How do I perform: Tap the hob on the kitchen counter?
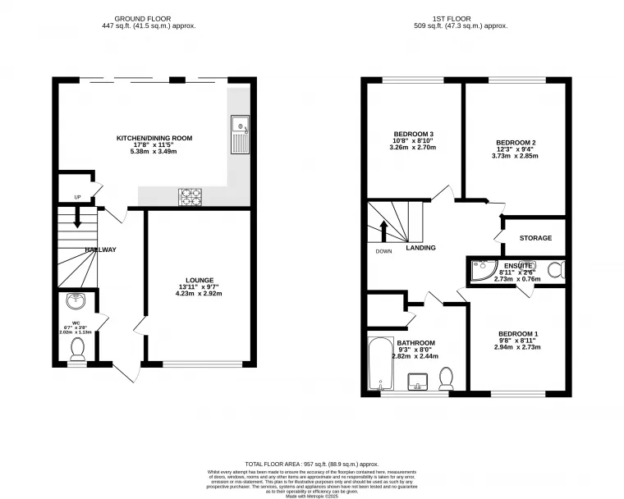[190, 197]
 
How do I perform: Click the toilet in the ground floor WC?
[78, 351]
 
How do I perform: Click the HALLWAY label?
[100, 249]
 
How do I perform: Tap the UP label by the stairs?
[78, 197]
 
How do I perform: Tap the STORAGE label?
[535, 238]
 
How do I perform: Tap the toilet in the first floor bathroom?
[447, 378]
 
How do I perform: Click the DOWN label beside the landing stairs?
[383, 251]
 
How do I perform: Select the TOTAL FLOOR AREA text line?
[311, 463]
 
